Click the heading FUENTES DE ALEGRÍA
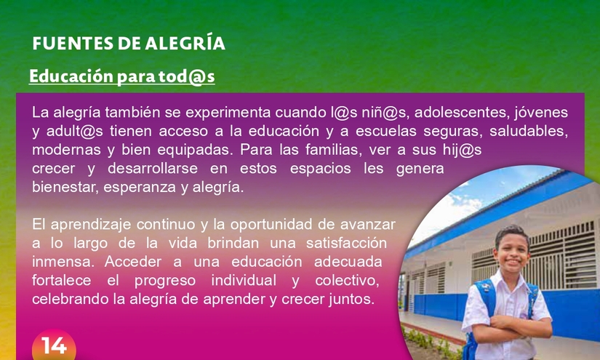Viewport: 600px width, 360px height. tap(129, 43)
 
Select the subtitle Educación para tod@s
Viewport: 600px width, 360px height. tap(122, 76)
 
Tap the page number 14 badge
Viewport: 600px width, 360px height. tap(54, 345)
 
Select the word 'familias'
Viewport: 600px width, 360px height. tap(332, 150)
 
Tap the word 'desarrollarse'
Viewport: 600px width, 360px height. tap(153, 168)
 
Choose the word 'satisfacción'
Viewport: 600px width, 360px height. tap(346, 244)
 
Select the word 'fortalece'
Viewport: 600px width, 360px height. tap(62, 281)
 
